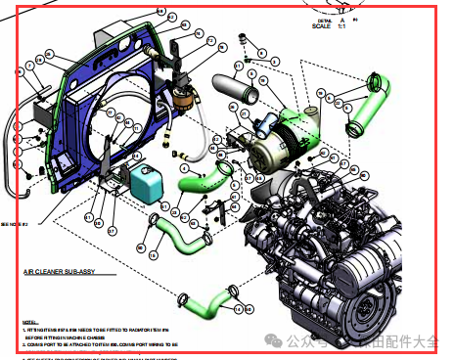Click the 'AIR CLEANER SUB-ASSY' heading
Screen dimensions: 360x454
pyautogui.click(x=60, y=279)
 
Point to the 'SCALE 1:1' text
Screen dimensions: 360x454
pyautogui.click(x=328, y=26)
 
